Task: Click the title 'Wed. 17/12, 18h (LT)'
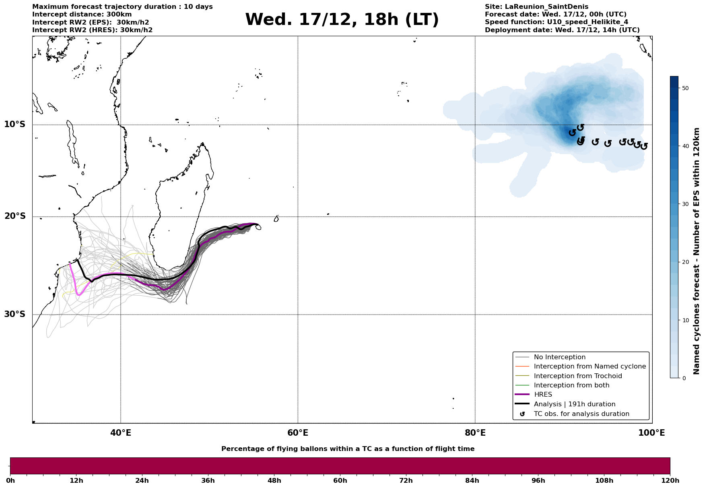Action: (342, 20)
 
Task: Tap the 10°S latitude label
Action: (15, 124)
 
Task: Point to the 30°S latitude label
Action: (15, 314)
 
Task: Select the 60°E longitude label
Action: (298, 433)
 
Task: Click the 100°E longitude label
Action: (652, 433)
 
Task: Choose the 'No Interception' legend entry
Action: (559, 357)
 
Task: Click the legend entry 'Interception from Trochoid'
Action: (577, 376)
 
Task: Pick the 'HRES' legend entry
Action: (543, 395)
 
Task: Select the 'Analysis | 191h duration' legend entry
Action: (574, 404)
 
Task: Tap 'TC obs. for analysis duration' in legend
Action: (581, 414)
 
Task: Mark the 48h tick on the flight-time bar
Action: (274, 481)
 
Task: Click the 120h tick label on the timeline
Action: (670, 481)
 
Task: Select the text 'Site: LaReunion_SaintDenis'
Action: (536, 7)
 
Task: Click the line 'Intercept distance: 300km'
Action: (82, 14)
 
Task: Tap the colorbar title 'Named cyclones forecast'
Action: (697, 251)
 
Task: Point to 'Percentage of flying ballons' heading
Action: (348, 449)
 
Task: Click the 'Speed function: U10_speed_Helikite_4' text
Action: (556, 22)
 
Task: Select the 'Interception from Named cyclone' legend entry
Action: (590, 367)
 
